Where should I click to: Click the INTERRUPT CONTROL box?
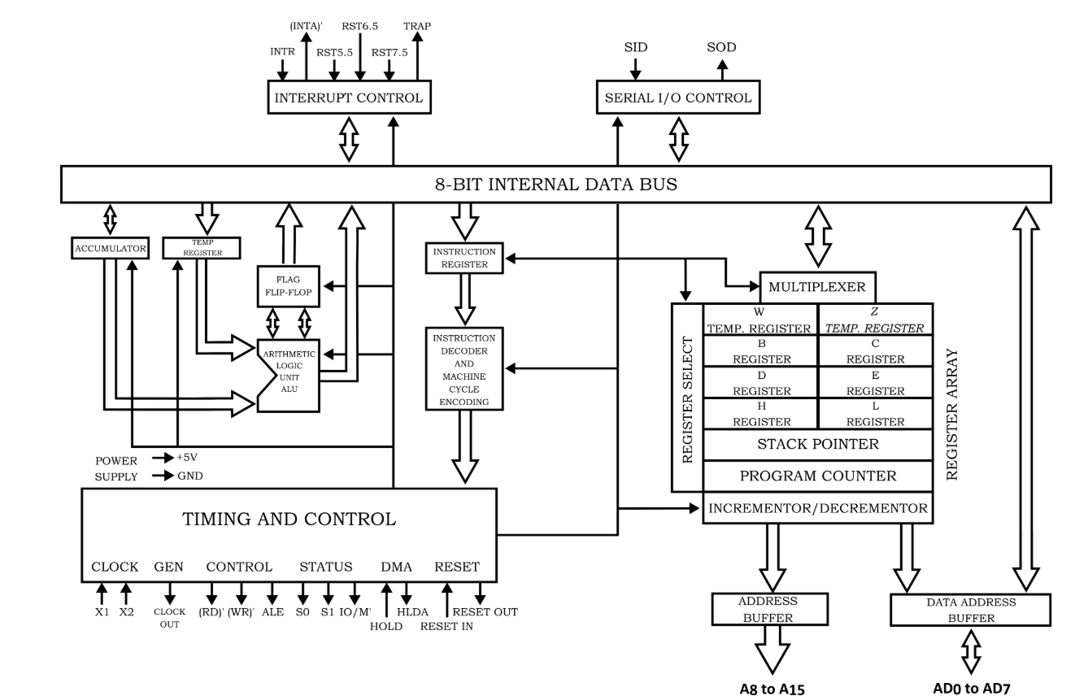pos(348,98)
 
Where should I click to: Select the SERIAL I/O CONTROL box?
pos(677,98)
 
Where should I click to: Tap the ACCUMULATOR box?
pos(109,249)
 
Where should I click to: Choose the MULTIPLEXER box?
pos(817,287)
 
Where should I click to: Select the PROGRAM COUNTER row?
pos(816,476)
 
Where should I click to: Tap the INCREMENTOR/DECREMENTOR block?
pos(816,508)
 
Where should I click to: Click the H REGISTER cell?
pos(761,414)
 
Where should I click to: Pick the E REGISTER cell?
pos(874,382)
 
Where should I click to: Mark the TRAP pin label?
pos(417,26)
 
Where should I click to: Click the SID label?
pos(636,47)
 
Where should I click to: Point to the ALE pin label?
pos(273,612)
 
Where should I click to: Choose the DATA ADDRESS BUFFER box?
pos(971,610)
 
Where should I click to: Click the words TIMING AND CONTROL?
pos(289,519)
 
